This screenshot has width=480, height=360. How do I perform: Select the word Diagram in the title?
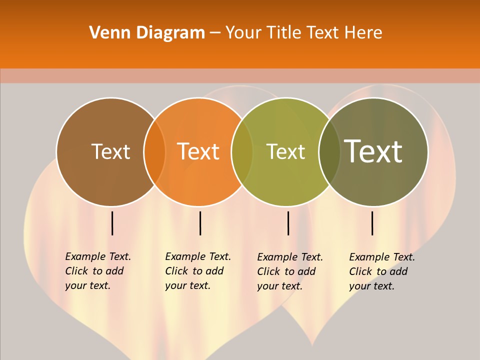(x=170, y=32)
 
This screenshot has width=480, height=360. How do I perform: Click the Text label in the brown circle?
(x=110, y=151)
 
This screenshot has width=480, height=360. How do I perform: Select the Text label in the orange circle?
(x=198, y=151)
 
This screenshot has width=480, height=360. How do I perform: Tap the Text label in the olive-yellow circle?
(x=285, y=151)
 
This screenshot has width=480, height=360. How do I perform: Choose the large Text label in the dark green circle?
(x=373, y=151)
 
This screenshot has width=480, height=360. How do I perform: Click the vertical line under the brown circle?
(x=112, y=223)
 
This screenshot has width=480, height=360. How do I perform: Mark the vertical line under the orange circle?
(x=200, y=223)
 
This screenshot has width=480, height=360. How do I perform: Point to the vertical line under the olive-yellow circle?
(x=288, y=223)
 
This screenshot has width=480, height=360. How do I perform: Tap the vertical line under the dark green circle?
(x=372, y=223)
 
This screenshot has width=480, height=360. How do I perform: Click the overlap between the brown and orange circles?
(x=154, y=151)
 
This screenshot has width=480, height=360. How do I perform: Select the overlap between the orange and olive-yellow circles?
(x=242, y=151)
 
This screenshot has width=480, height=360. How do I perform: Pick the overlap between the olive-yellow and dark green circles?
(x=329, y=151)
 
